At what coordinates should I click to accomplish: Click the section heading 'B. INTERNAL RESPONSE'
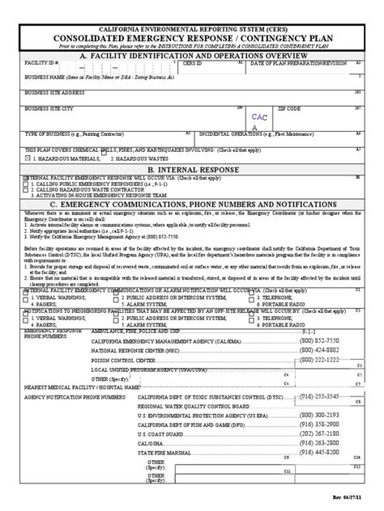tap(192, 170)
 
